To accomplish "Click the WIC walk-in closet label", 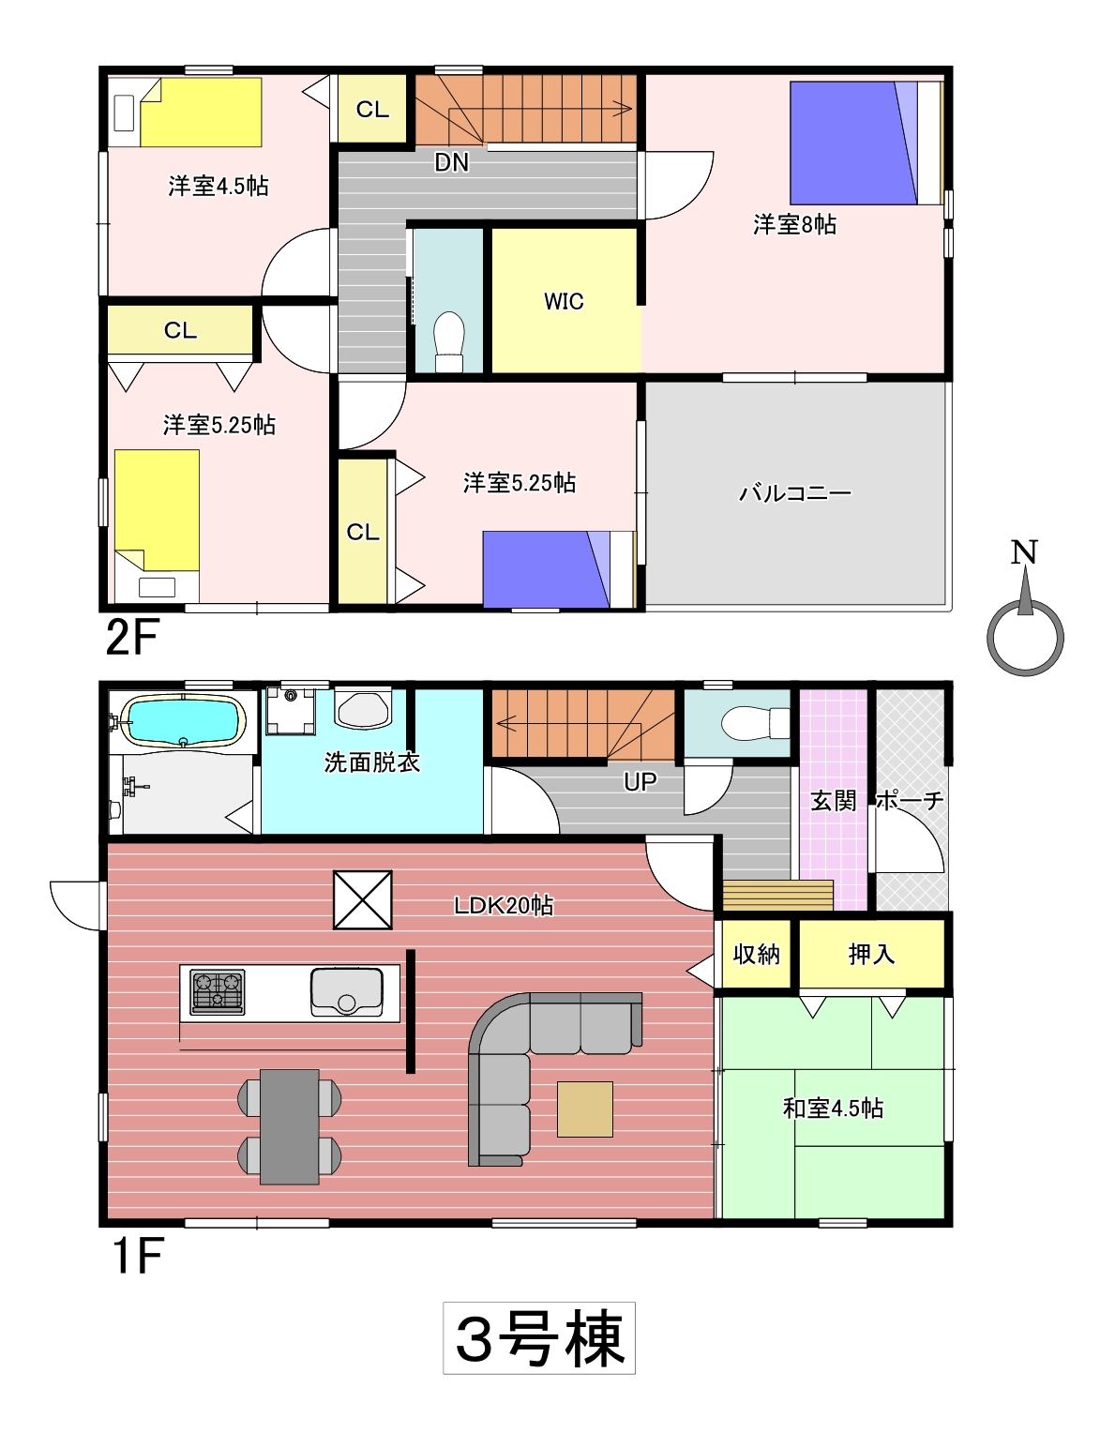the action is tap(563, 301).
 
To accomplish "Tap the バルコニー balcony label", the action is tap(794, 493).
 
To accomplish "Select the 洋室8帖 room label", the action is tap(794, 225).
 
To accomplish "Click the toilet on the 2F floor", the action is tap(450, 341).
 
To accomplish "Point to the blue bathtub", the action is tap(183, 722).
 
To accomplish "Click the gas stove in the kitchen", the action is tap(217, 991).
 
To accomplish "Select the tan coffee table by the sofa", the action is tap(585, 1109).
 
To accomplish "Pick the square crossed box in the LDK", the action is tap(363, 900).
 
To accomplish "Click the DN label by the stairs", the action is tap(452, 162).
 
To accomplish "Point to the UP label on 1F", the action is tap(640, 782).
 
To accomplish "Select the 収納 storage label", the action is tap(756, 954).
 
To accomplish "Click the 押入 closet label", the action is tap(871, 954).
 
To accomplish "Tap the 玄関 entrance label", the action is tap(834, 801).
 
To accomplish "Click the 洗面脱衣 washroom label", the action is tap(372, 762).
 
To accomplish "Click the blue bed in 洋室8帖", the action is tap(866, 143).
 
